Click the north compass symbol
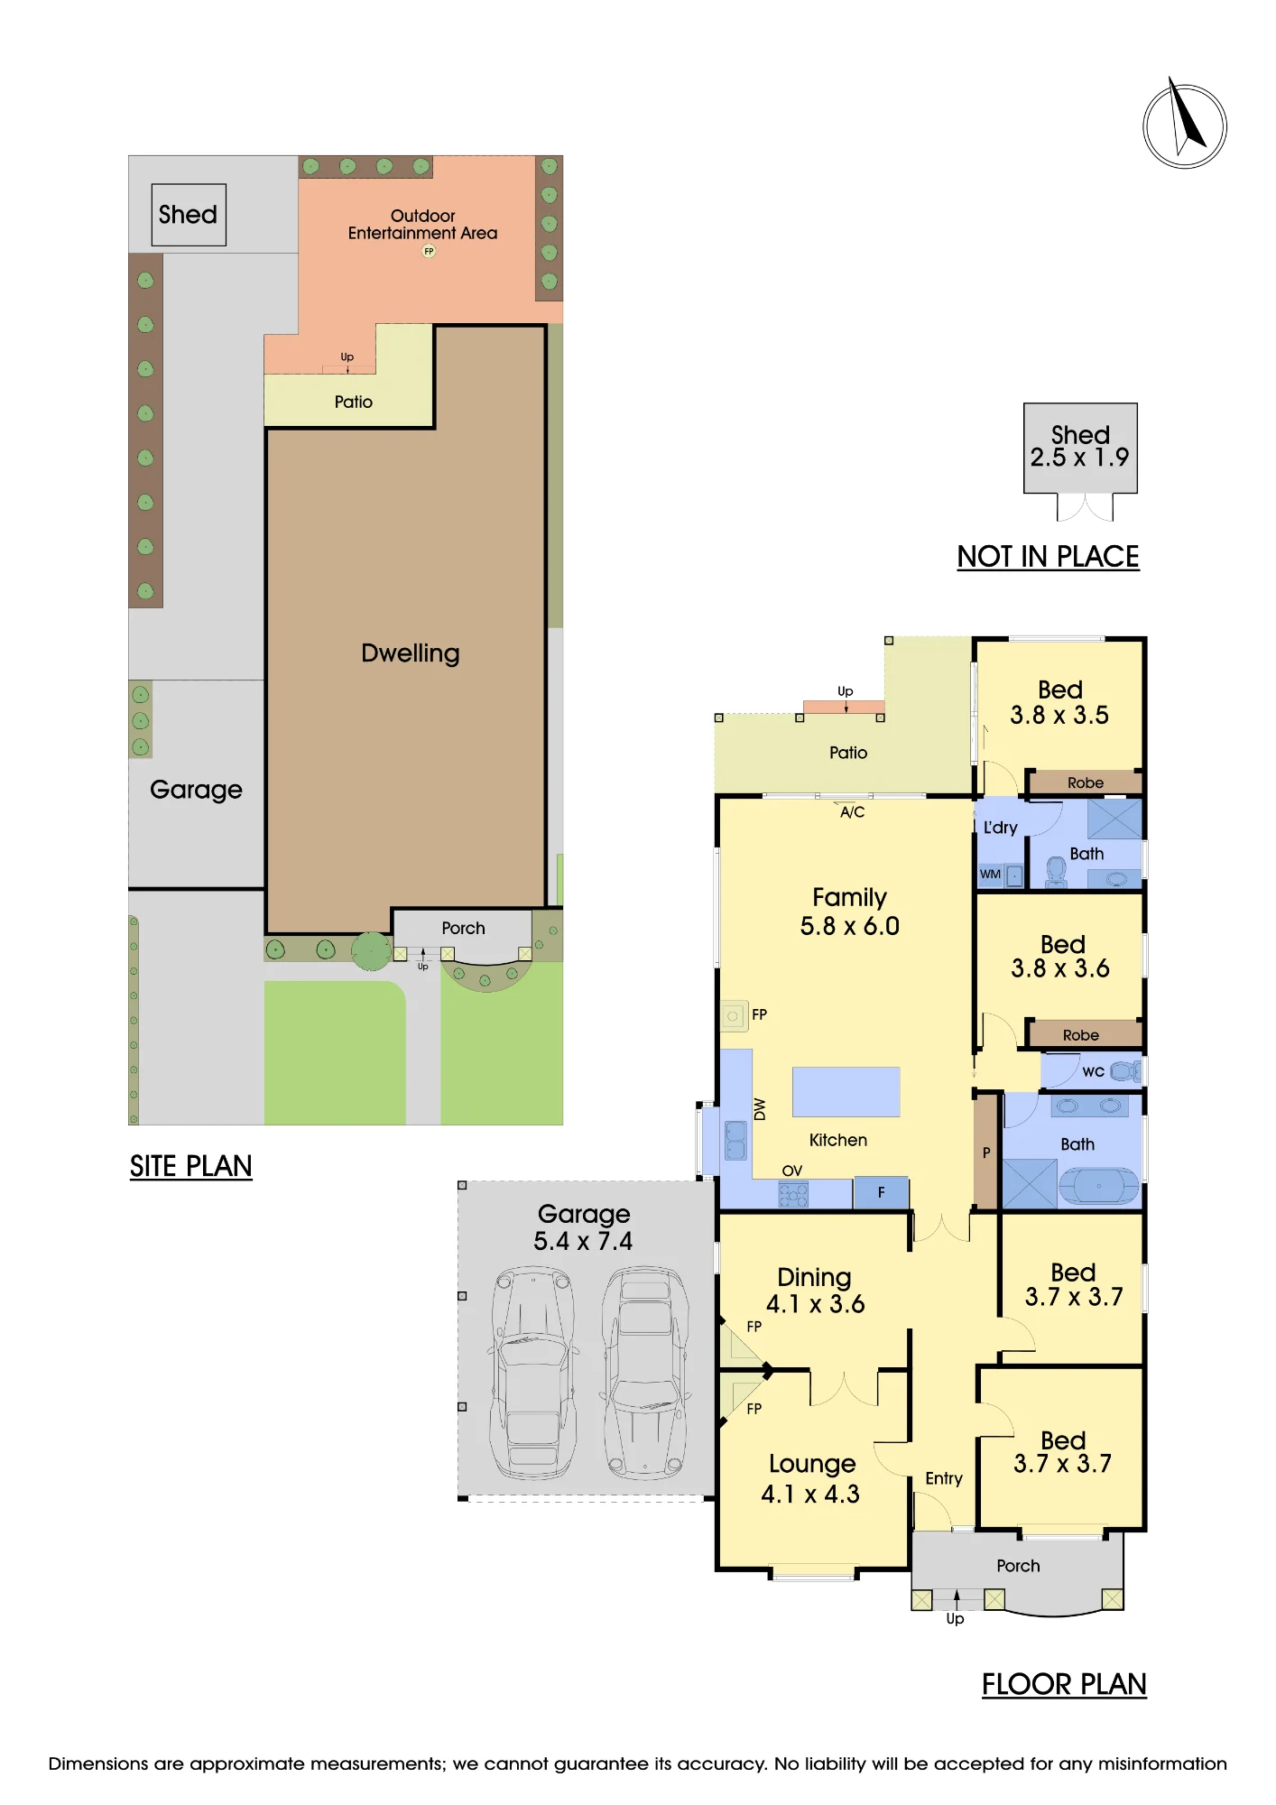point(1185,125)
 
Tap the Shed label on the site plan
point(188,215)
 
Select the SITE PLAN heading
point(190,1166)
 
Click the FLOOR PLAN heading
point(1064,1684)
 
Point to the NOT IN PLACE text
point(1048,557)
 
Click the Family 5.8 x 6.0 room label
point(849,912)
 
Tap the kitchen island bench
point(846,1092)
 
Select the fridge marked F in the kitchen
point(881,1192)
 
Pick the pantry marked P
point(986,1152)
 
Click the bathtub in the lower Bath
point(1098,1185)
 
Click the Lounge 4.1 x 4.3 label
point(810,1478)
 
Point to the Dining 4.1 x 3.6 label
point(815,1291)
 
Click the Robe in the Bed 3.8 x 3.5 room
point(1085,782)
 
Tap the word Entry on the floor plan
point(944,1478)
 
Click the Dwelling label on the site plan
point(411,653)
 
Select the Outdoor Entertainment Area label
point(422,224)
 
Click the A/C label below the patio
point(852,812)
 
